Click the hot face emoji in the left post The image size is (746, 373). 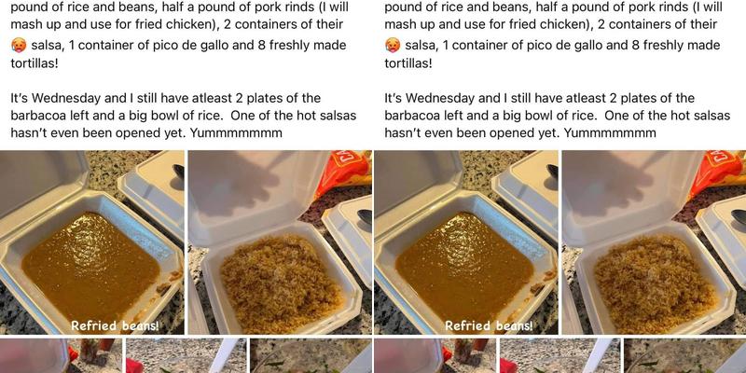point(18,45)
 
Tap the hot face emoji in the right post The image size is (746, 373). point(392,45)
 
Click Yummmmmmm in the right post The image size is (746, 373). point(610,133)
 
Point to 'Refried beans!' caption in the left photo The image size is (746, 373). point(115,325)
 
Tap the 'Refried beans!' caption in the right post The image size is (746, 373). point(489,325)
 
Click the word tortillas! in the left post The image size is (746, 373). point(35,63)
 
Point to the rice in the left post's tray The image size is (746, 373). point(282,277)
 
